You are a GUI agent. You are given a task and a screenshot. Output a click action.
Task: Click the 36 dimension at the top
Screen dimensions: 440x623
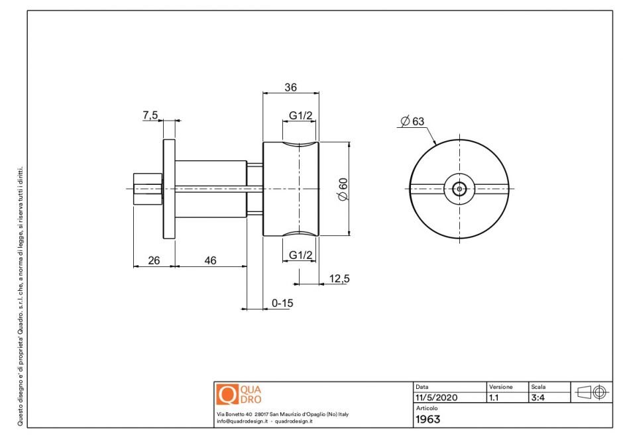coord(290,87)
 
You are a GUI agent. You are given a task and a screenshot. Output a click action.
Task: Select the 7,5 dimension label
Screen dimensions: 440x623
coord(150,115)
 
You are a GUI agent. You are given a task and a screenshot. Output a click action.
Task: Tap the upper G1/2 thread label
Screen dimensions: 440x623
coord(301,116)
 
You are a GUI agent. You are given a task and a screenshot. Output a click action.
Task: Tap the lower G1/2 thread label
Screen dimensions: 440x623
coord(301,255)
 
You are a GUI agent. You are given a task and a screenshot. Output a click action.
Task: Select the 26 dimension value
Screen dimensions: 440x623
coord(154,260)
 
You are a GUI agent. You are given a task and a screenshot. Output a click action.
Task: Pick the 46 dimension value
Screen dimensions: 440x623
coord(210,260)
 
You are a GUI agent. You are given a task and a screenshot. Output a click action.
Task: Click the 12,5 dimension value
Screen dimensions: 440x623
coord(339,279)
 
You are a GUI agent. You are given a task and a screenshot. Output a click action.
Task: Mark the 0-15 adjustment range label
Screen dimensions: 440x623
coord(282,303)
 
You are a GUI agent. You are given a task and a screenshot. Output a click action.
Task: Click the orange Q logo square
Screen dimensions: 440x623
coord(227,394)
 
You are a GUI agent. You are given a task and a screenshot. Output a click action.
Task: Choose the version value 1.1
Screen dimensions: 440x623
coord(494,398)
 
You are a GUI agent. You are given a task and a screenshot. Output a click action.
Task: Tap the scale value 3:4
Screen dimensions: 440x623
coord(539,398)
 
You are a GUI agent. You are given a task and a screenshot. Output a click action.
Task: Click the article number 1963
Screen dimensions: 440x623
coord(427,419)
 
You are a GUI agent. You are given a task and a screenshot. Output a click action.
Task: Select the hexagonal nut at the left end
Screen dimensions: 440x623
coord(147,189)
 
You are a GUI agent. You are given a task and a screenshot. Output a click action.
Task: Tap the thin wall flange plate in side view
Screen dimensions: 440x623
coord(169,189)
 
